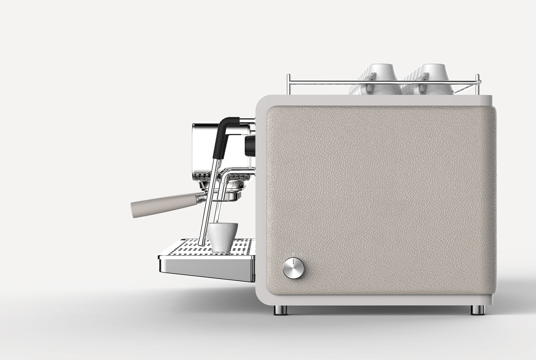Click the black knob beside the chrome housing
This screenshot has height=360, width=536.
tap(250, 146)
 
